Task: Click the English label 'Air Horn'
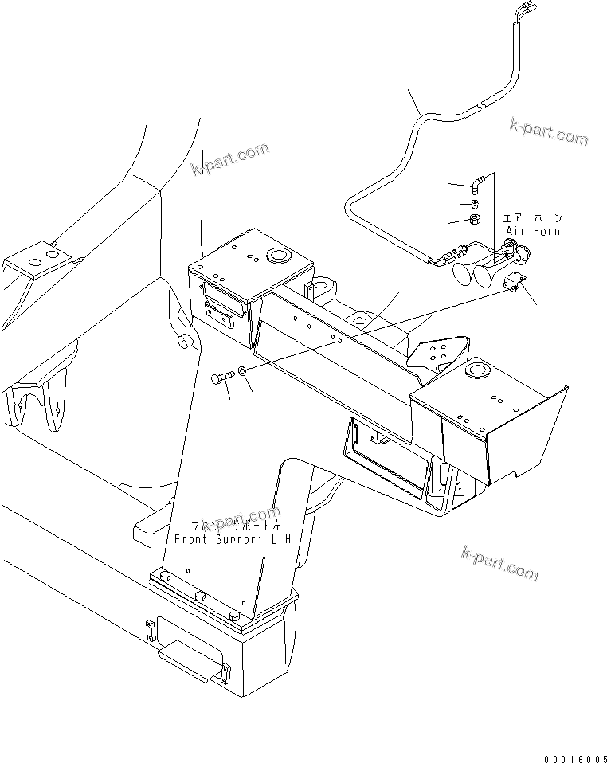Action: tap(533, 231)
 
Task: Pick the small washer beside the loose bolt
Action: tap(242, 371)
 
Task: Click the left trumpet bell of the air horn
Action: tap(461, 276)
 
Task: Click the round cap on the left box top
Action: tap(280, 256)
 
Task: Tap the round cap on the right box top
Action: tap(479, 370)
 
